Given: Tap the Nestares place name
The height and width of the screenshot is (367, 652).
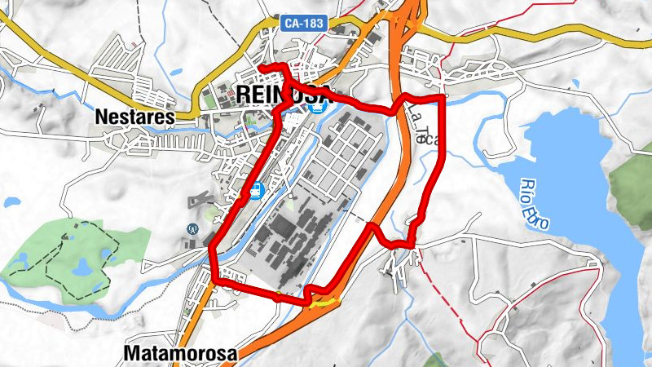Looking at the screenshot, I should coord(135,117).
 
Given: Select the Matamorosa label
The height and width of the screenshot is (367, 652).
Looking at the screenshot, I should coord(181,354).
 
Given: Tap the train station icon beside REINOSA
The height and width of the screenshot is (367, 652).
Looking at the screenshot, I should coord(322,105).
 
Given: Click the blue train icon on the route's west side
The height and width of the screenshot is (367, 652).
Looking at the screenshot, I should coord(256,192).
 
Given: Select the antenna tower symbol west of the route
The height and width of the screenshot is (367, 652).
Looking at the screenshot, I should coord(193,230).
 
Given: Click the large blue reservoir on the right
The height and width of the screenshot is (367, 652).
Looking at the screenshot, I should coord(570,163).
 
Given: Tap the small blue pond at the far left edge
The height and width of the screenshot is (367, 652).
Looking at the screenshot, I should coord(11,201).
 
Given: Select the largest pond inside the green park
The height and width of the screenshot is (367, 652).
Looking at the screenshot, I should coord(81,268).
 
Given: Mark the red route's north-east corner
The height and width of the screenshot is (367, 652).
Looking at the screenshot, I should coord(444,97).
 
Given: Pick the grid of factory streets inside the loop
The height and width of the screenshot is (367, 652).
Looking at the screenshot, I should coord(342,155).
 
